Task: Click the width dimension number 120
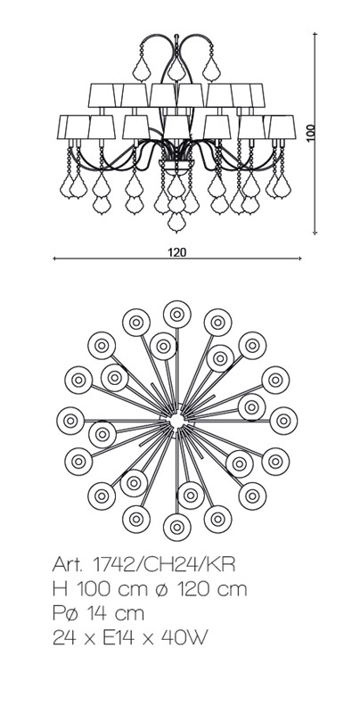click(x=177, y=252)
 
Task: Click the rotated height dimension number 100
click(x=311, y=132)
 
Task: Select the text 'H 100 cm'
click(x=100, y=589)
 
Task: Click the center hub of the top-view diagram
click(x=176, y=421)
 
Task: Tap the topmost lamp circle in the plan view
click(x=176, y=315)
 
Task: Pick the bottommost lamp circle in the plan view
click(x=176, y=527)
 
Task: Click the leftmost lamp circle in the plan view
click(x=70, y=421)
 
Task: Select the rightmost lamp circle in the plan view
click(x=283, y=421)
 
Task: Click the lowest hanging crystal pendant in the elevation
click(x=176, y=222)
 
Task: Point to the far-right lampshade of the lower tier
click(x=282, y=127)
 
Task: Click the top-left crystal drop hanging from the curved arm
click(x=142, y=69)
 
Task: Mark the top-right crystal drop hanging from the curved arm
click(x=211, y=69)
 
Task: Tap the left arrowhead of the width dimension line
click(x=54, y=258)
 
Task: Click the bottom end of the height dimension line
click(x=315, y=234)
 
